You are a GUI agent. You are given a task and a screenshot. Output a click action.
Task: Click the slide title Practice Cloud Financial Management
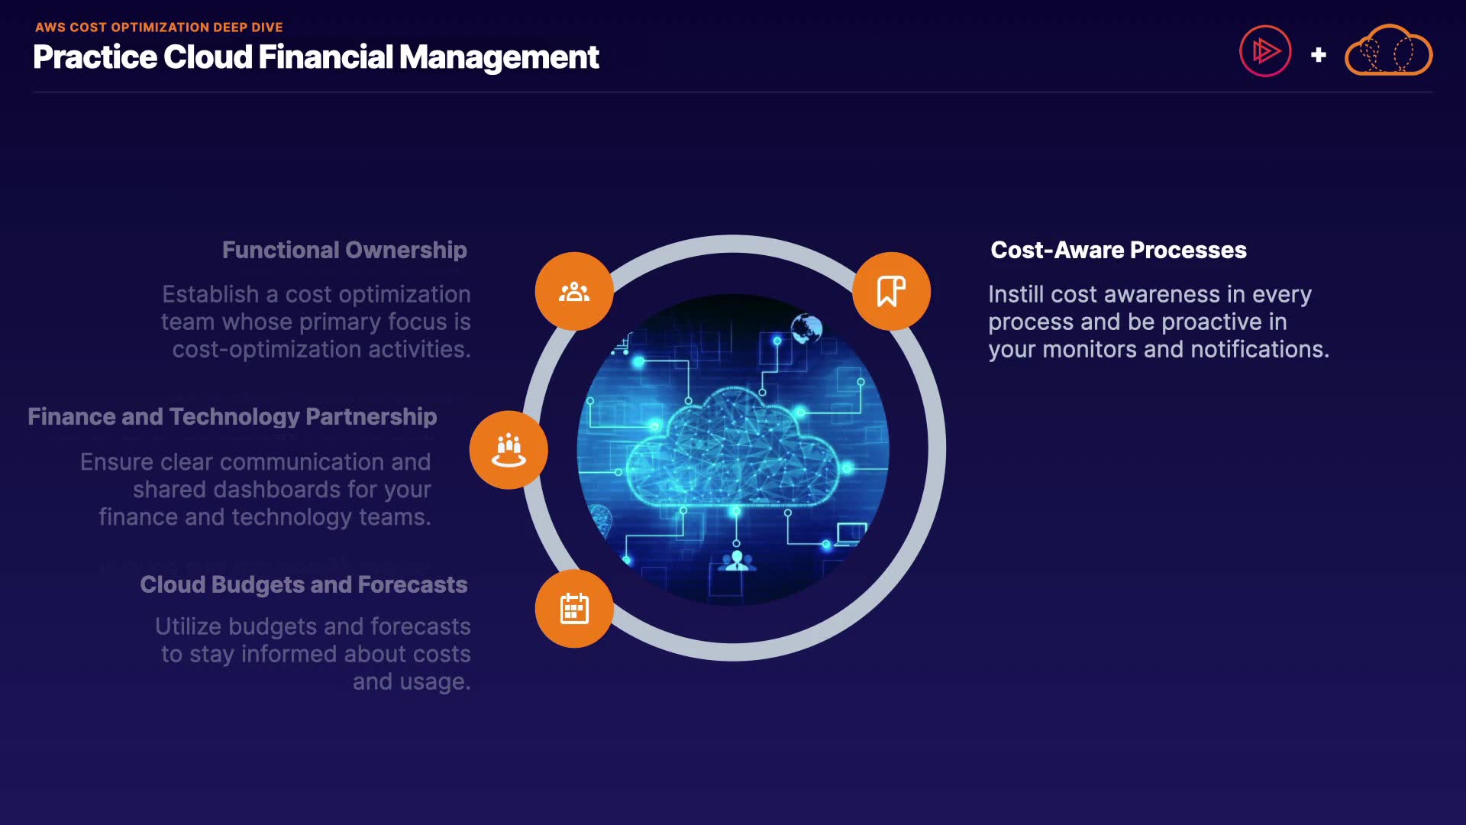[x=316, y=57]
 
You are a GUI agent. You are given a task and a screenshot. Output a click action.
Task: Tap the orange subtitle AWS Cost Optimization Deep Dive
[x=159, y=27]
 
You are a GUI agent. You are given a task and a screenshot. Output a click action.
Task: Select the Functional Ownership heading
[x=344, y=250]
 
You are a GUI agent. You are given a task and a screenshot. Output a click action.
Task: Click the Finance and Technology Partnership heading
[x=232, y=417]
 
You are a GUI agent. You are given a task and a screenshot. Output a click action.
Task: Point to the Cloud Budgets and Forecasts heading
[x=304, y=584]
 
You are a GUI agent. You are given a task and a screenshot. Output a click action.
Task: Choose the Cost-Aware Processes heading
[x=1119, y=250]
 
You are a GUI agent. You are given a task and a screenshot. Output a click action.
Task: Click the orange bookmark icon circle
[x=891, y=291]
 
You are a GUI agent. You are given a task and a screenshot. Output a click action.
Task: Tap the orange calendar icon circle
[x=574, y=609]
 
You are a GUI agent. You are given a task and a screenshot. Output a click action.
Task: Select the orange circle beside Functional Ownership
[x=574, y=291]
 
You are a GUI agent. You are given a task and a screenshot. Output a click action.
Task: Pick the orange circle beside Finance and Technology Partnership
[x=509, y=450]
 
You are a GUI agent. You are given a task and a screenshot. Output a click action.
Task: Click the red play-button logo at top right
[x=1265, y=51]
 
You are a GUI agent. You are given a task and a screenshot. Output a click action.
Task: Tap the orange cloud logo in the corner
[x=1388, y=50]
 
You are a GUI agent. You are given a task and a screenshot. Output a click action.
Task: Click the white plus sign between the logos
[x=1318, y=55]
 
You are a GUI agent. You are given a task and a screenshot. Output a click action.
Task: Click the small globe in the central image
[x=806, y=329]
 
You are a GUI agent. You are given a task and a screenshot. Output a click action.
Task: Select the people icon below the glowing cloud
[x=737, y=561]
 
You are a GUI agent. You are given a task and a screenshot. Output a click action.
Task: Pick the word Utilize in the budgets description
[x=189, y=626]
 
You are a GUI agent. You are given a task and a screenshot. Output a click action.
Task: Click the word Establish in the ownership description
[x=211, y=294]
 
